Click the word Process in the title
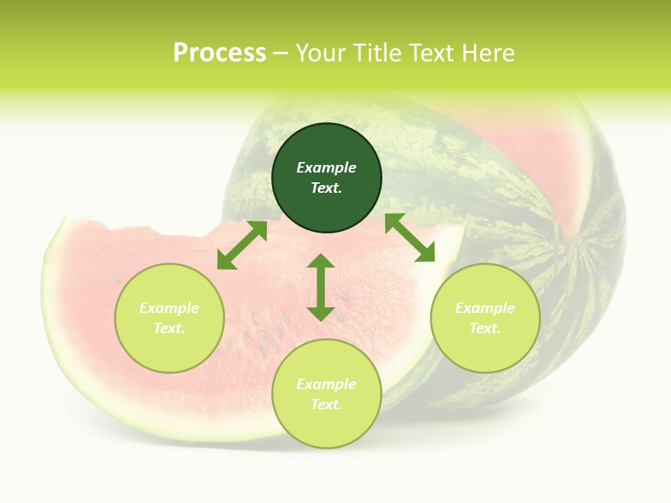click(219, 53)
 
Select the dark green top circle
click(326, 177)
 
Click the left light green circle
click(169, 318)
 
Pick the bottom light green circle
click(326, 394)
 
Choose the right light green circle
click(485, 318)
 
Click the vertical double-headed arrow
click(321, 287)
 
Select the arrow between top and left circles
click(242, 245)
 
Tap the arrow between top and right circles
click(410, 238)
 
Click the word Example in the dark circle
click(326, 168)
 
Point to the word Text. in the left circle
click(169, 328)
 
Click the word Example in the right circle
click(485, 308)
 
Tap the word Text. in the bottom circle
click(326, 404)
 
